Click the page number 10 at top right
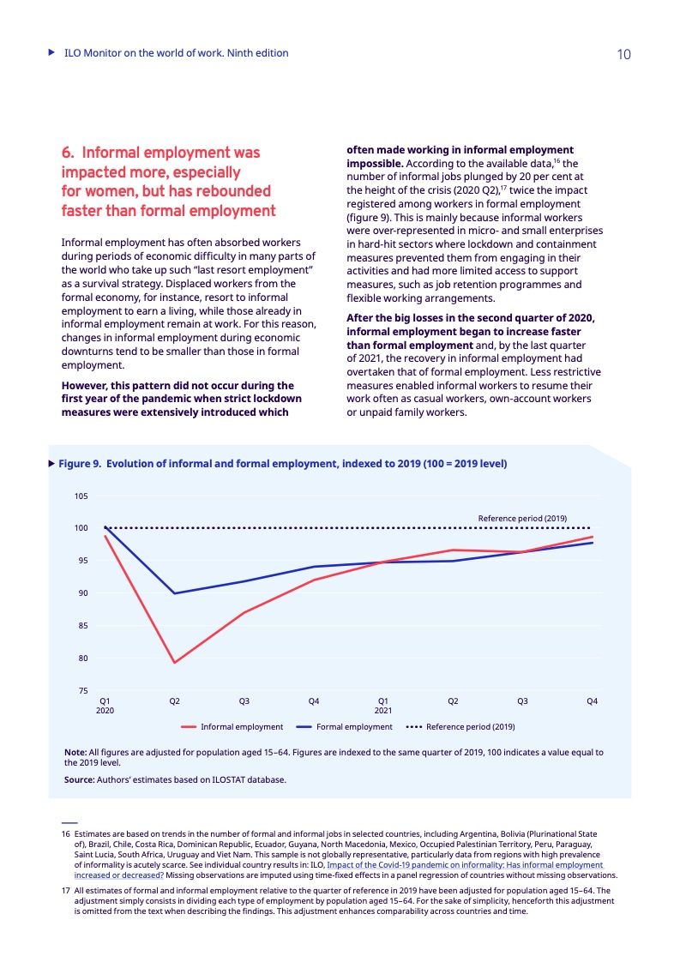point(623,55)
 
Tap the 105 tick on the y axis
point(81,496)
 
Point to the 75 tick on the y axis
point(82,691)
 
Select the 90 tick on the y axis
point(82,593)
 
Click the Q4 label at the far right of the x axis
point(592,701)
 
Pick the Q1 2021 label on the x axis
point(383,706)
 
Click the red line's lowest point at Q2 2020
point(175,663)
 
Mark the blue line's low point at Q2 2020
point(175,593)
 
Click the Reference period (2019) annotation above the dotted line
point(522,518)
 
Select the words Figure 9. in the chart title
point(79,464)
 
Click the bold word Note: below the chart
point(75,752)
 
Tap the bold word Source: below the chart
point(79,779)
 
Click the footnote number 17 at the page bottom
point(65,890)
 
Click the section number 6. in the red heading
point(69,153)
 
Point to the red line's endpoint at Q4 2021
point(593,537)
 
